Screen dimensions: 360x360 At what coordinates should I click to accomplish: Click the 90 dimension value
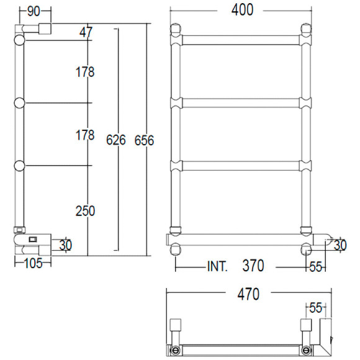[x=34, y=11]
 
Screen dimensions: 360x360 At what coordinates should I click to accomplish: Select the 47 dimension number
[x=87, y=32]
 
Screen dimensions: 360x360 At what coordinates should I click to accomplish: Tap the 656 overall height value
[x=144, y=140]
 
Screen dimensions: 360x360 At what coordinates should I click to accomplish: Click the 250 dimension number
[x=85, y=211]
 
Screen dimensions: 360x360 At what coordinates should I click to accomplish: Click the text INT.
[x=217, y=267]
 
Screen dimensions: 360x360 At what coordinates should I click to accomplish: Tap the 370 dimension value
[x=253, y=266]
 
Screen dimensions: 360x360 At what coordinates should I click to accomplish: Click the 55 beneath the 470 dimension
[x=316, y=307]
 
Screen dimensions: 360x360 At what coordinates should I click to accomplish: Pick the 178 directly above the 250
[x=85, y=135]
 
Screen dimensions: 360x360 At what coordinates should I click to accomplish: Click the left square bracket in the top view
[x=176, y=326]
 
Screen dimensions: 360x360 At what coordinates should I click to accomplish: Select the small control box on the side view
[x=33, y=237]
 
